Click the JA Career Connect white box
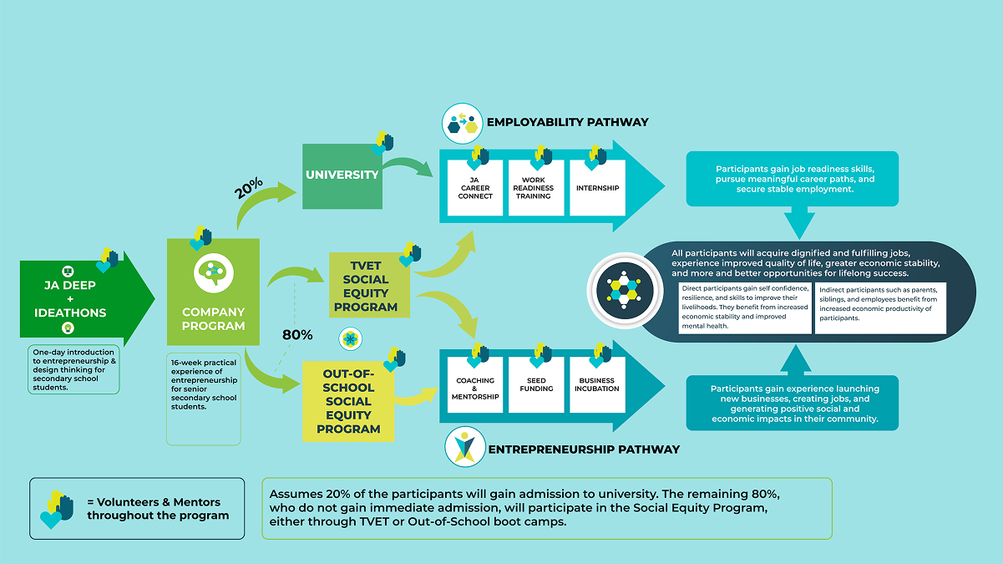475,189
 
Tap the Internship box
597,189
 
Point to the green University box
342,175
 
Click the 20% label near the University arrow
249,188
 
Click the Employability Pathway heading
568,122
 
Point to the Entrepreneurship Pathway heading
584,450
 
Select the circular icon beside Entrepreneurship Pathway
462,448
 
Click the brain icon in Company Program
212,272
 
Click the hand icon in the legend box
57,509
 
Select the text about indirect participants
880,304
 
